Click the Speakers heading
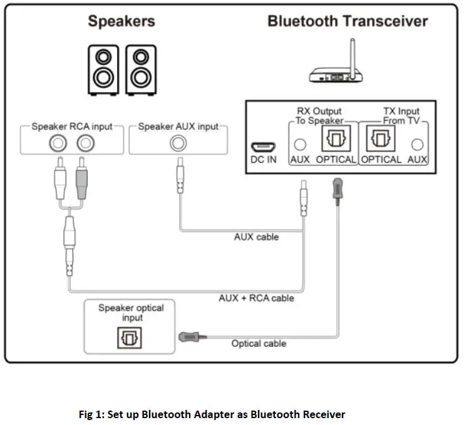pyautogui.click(x=121, y=21)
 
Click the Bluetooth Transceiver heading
pyautogui.click(x=348, y=21)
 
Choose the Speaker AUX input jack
pyautogui.click(x=178, y=143)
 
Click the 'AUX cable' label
pyautogui.click(x=255, y=237)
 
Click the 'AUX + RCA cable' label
pyautogui.click(x=256, y=298)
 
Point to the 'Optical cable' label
pyautogui.click(x=259, y=343)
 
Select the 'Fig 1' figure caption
pyautogui.click(x=212, y=414)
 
